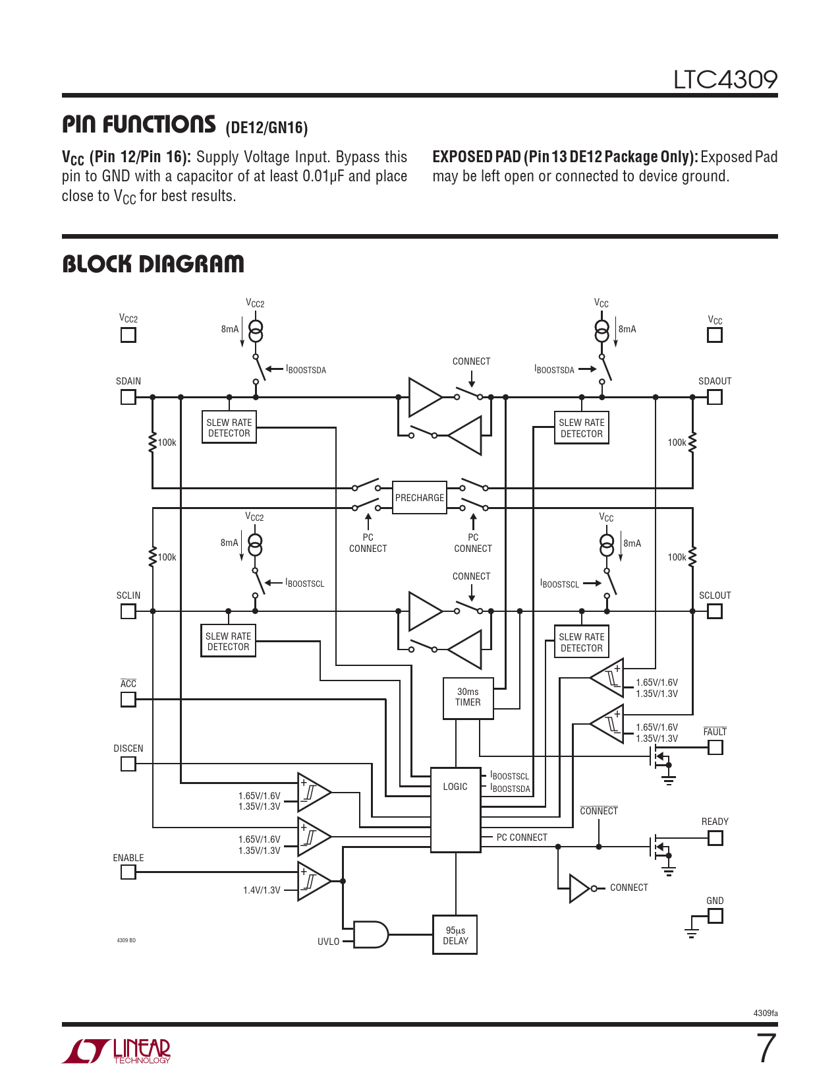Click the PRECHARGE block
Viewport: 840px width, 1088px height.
click(x=420, y=498)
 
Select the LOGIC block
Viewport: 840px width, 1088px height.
click(x=455, y=810)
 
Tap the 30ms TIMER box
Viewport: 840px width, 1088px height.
click(x=468, y=698)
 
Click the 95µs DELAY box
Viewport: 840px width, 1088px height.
click(x=455, y=935)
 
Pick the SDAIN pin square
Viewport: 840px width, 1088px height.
click(x=128, y=397)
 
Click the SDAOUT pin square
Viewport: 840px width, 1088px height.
click(x=715, y=397)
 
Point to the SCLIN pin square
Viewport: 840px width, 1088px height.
click(x=128, y=611)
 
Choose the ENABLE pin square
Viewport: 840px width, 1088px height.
click(x=128, y=872)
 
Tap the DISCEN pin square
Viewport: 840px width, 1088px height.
click(x=128, y=764)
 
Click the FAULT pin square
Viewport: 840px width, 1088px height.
click(x=715, y=747)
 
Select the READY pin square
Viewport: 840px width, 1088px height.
click(x=715, y=837)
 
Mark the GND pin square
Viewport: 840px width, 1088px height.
click(x=715, y=916)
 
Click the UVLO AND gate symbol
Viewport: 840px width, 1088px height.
click(x=371, y=934)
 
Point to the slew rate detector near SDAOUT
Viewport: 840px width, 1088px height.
click(x=581, y=428)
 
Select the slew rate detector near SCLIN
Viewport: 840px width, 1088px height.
click(x=228, y=642)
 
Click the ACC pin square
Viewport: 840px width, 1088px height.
click(x=128, y=699)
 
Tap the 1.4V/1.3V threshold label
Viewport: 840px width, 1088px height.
click(x=262, y=890)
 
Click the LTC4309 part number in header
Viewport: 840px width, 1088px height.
click(x=725, y=80)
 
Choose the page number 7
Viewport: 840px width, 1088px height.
click(x=766, y=1048)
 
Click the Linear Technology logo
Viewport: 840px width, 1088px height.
click(x=117, y=1051)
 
